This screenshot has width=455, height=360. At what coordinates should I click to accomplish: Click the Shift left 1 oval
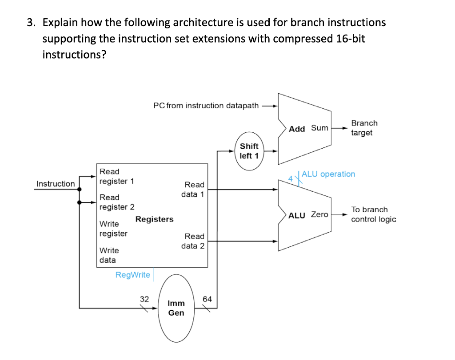point(249,151)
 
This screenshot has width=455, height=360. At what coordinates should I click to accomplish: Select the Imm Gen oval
point(176,308)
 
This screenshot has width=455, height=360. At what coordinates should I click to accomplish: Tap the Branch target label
point(364,128)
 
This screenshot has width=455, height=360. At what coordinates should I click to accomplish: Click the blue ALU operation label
point(328,174)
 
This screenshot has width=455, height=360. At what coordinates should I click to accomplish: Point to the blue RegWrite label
point(132,275)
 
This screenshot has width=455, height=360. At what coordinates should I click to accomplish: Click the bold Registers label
point(154,219)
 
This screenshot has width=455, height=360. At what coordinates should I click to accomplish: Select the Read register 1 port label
point(116,176)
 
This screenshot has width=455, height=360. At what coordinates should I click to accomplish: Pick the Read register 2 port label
point(116,202)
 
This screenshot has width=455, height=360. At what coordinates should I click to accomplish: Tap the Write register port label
point(113,228)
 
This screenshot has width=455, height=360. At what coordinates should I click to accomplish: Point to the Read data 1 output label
point(193,189)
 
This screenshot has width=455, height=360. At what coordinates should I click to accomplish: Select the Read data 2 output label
point(193,241)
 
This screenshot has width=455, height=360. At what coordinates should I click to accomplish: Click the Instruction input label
point(56,184)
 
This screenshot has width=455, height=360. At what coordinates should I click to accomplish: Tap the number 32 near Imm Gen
point(144,299)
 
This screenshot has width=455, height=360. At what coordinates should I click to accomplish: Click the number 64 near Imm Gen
point(207,299)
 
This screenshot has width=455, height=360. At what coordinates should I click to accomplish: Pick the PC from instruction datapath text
point(206,106)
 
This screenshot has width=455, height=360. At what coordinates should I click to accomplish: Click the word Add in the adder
point(297,129)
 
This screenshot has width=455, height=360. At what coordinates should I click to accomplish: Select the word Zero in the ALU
point(319,214)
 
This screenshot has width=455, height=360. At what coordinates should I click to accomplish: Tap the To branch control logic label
point(373,214)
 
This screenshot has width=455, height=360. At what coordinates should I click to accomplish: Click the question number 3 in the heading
point(30,22)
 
